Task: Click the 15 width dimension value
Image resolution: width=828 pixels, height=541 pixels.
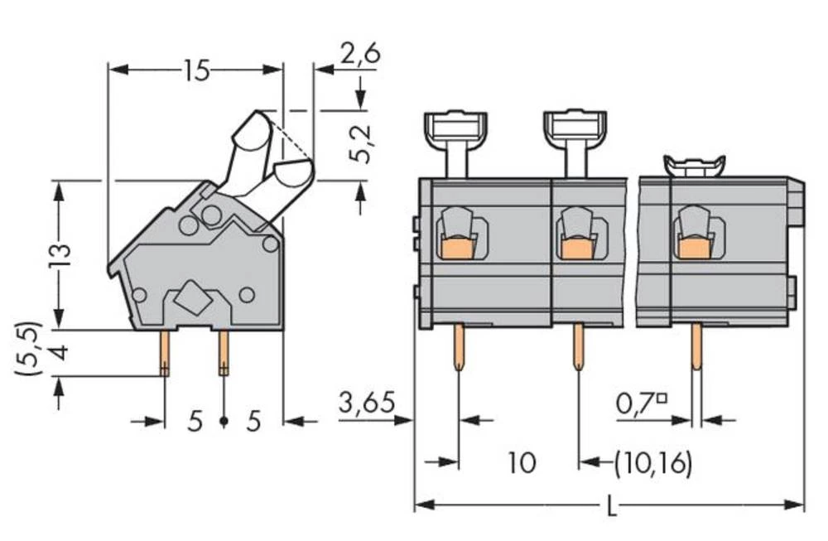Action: tap(196, 71)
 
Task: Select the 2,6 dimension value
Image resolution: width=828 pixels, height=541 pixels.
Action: tap(359, 55)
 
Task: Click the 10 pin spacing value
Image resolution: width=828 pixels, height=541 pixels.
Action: tap(522, 462)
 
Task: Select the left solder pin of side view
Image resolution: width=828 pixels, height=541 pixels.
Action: tap(165, 353)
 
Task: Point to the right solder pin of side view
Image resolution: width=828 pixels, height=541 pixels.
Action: tap(223, 353)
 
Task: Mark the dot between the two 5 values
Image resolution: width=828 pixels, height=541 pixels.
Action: tap(224, 423)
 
